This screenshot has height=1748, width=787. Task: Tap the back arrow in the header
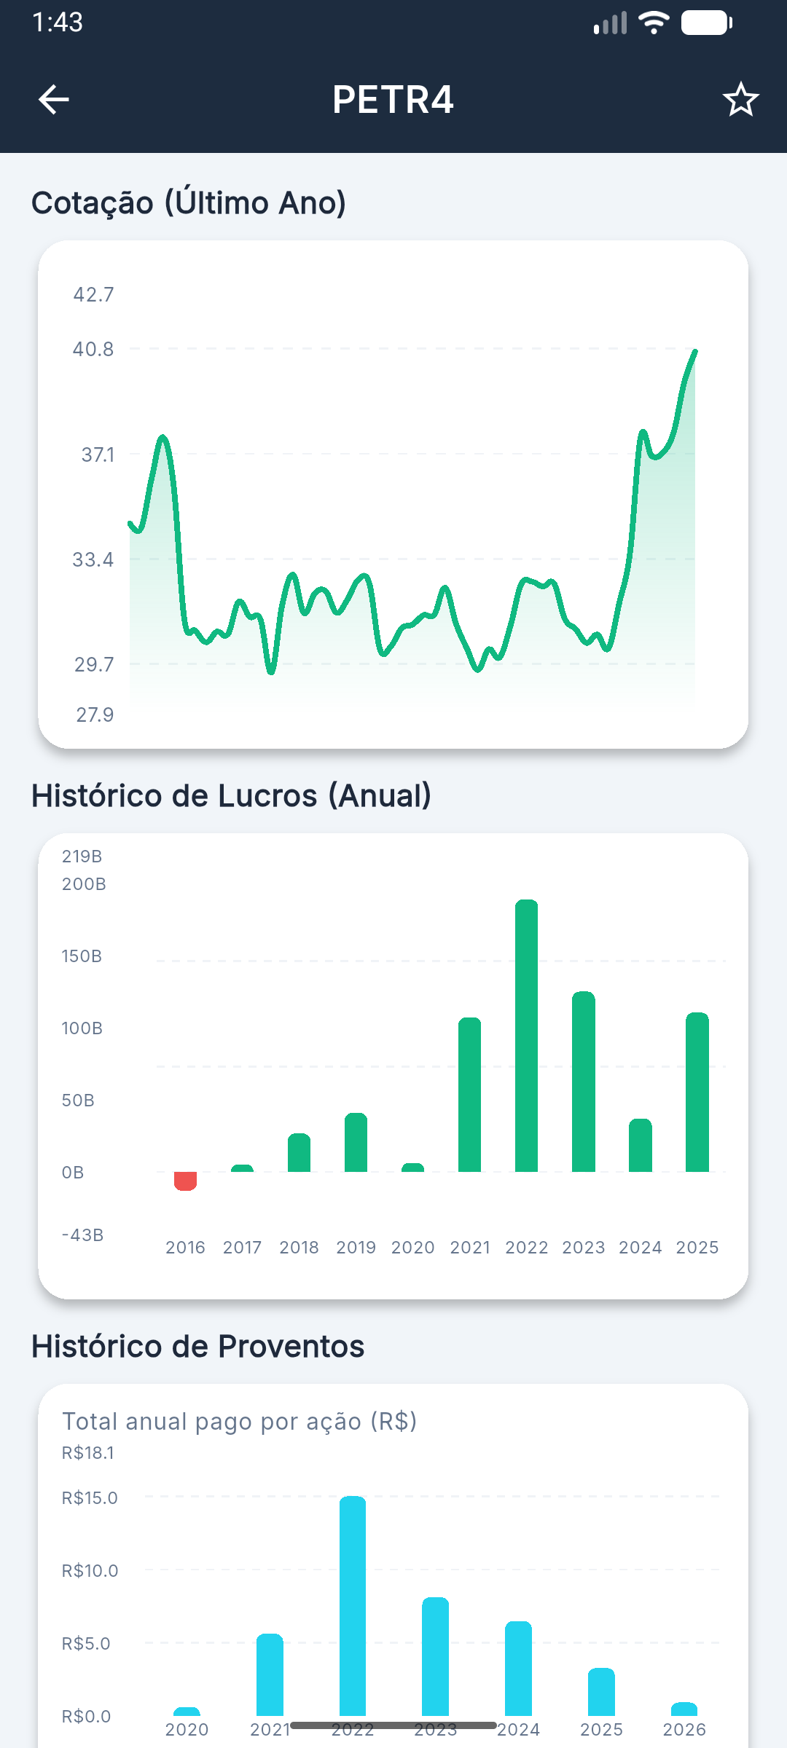pyautogui.click(x=54, y=100)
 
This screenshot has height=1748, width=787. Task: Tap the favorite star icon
pyautogui.click(x=740, y=100)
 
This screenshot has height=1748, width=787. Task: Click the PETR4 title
pyautogui.click(x=393, y=100)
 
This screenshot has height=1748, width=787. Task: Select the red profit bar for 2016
pyautogui.click(x=185, y=1181)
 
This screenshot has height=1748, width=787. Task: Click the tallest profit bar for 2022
pyautogui.click(x=526, y=1034)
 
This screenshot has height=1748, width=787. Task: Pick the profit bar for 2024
pyautogui.click(x=641, y=1146)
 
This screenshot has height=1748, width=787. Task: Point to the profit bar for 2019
pyautogui.click(x=356, y=1143)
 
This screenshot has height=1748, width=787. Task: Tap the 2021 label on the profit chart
pyautogui.click(x=470, y=1248)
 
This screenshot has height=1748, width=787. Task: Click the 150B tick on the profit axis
pyautogui.click(x=82, y=956)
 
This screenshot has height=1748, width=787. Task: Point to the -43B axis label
pyautogui.click(x=82, y=1235)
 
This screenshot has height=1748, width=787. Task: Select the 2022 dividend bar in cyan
pyautogui.click(x=353, y=1606)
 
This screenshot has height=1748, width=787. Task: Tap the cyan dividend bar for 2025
pyautogui.click(x=601, y=1692)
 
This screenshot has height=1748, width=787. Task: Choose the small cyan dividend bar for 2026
pyautogui.click(x=684, y=1709)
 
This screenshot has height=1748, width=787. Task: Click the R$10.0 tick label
pyautogui.click(x=90, y=1571)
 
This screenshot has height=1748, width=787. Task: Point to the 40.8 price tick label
pyautogui.click(x=93, y=350)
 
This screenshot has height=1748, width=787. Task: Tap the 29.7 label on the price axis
pyautogui.click(x=94, y=665)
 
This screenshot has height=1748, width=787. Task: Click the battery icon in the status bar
pyautogui.click(x=706, y=23)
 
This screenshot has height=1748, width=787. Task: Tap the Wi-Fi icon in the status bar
pyautogui.click(x=654, y=23)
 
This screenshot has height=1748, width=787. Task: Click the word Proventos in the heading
pyautogui.click(x=291, y=1347)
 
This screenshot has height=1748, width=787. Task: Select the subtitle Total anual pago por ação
pyautogui.click(x=239, y=1422)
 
